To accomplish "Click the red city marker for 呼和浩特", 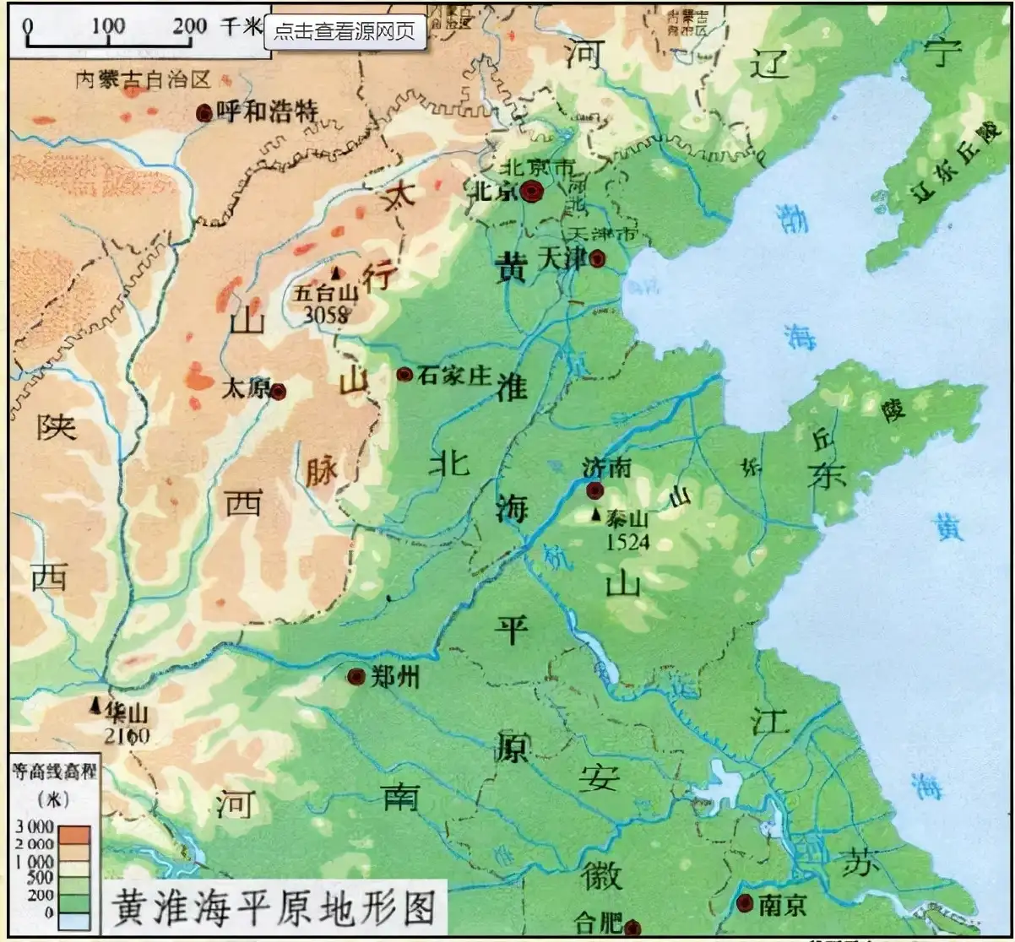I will (x=204, y=112).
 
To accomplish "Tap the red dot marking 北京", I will (x=531, y=192).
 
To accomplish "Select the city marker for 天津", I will (x=598, y=258).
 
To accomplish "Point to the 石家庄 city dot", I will (x=404, y=374).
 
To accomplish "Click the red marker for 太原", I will (x=278, y=392).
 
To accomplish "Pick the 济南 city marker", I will (x=595, y=490).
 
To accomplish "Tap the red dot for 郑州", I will (x=356, y=676).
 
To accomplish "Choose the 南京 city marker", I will (x=745, y=904).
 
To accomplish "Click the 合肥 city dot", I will (x=632, y=928).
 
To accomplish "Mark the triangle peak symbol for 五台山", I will (x=337, y=273).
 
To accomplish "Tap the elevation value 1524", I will (x=627, y=542).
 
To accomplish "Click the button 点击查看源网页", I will (x=345, y=31).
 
